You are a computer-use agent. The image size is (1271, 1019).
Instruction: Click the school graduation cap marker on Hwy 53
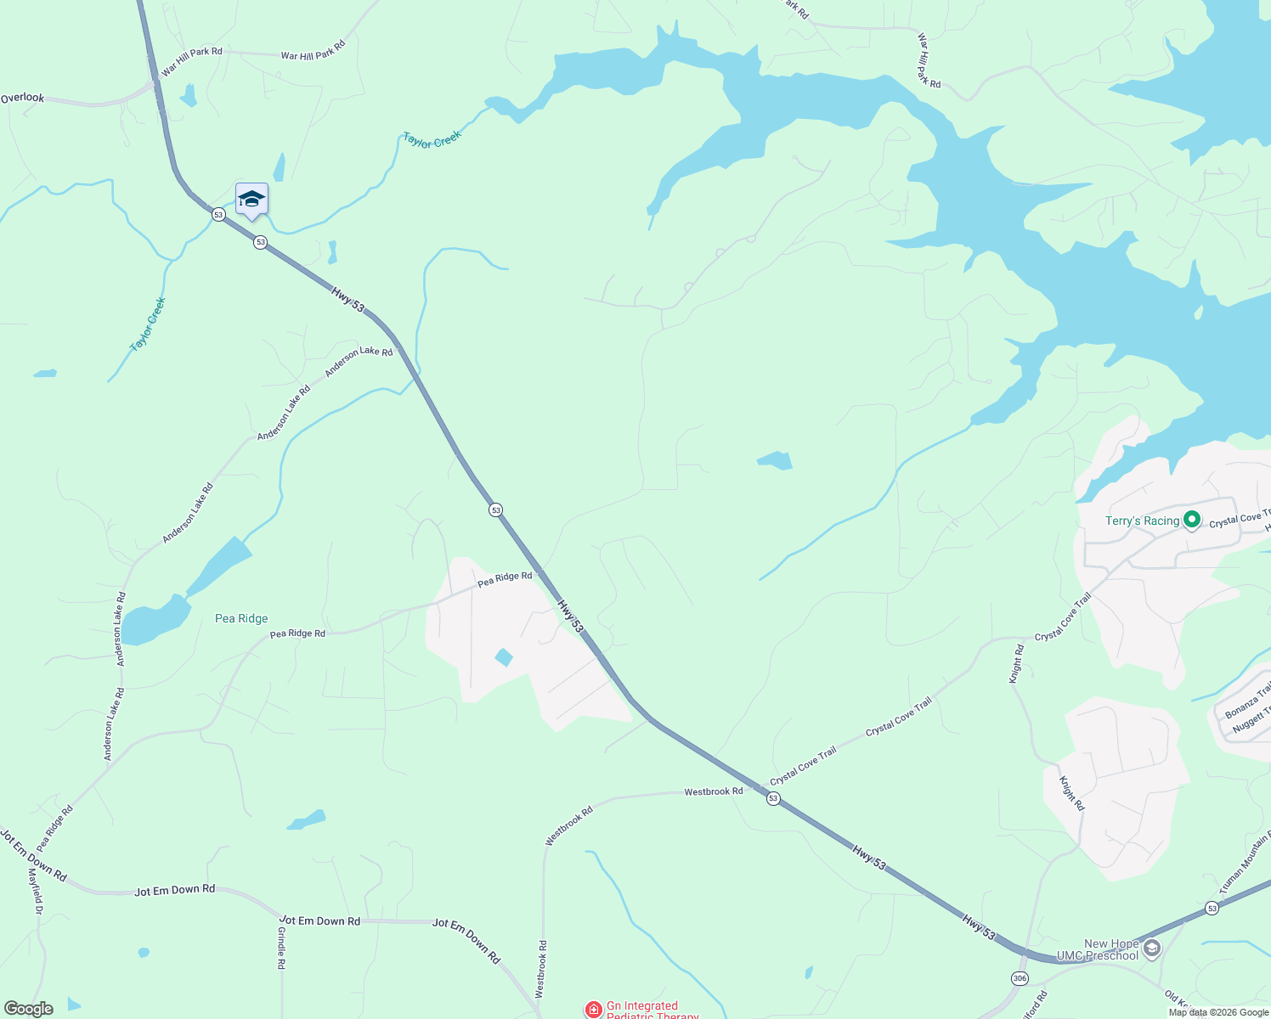point(251,200)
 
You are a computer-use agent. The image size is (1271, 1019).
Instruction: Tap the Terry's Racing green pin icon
point(1192,519)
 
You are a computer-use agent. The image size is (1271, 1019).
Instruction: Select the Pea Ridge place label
point(241,619)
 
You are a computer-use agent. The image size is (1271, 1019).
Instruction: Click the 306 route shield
point(1020,978)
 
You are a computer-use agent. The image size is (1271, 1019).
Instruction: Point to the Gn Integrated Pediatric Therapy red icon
point(594,1010)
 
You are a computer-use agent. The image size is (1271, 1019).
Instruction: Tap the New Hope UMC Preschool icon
point(1152,949)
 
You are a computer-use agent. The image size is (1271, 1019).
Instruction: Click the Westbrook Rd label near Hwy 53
point(714,791)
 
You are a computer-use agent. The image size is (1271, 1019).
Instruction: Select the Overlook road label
point(22,99)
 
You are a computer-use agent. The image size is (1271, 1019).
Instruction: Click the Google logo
point(28,1009)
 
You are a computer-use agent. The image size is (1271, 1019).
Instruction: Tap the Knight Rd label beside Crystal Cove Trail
point(1016,663)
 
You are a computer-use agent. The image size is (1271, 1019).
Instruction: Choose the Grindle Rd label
point(281,949)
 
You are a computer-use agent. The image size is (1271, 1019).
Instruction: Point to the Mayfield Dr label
point(36,890)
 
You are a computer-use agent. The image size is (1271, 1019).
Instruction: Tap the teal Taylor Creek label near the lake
point(432,139)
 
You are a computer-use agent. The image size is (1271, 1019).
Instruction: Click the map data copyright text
point(1218,1012)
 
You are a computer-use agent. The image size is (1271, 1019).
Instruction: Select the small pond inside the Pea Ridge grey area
point(504,657)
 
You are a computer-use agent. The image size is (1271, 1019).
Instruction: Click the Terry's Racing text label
point(1142,521)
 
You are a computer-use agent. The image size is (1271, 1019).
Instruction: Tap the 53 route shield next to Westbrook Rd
point(773,798)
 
